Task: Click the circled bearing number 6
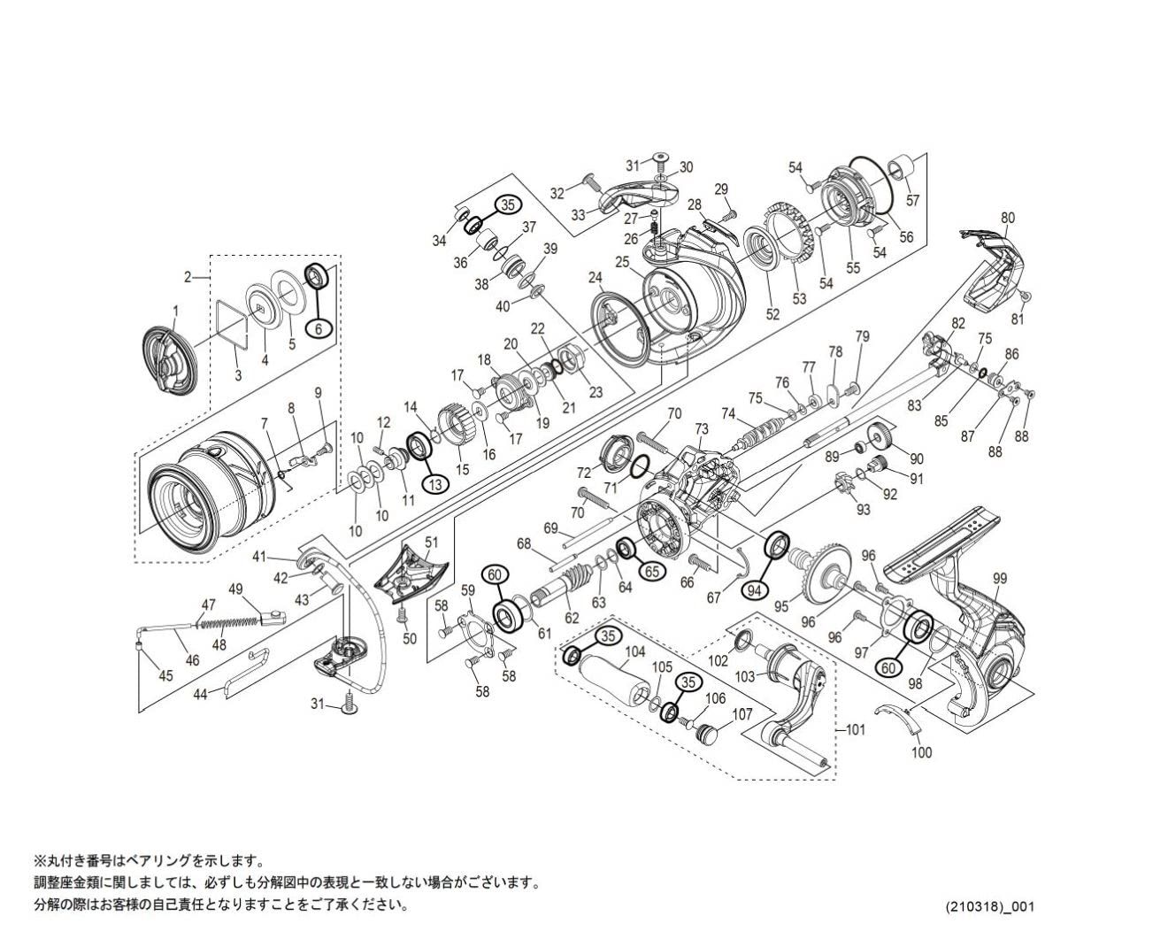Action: [319, 327]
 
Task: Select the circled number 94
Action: [755, 589]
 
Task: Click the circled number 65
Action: [650, 571]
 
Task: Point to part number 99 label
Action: [1000, 579]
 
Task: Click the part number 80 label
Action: [1008, 218]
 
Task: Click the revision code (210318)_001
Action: [989, 906]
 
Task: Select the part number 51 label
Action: [431, 543]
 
